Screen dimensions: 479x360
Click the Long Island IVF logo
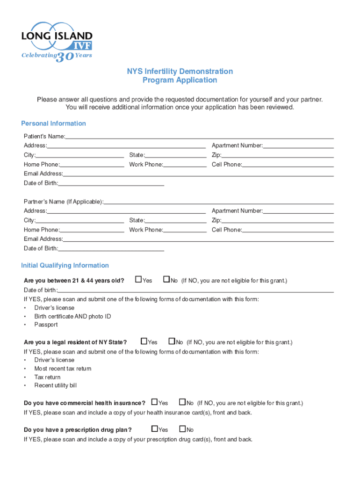coord(57,40)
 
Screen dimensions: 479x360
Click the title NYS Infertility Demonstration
coord(180,71)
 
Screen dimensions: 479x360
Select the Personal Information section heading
coord(53,123)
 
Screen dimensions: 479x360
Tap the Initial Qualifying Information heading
coord(65,265)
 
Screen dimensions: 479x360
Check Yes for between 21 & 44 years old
coord(138,280)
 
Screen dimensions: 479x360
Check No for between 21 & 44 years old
coord(166,280)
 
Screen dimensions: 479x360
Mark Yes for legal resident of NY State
coord(144,341)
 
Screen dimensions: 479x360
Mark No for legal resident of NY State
coord(172,341)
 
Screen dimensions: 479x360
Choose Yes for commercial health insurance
coord(155,402)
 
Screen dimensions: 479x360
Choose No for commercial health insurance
coord(182,402)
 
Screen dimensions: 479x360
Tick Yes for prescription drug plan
coord(155,429)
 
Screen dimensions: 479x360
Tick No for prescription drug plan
coord(182,429)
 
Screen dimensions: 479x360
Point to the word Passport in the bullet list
coord(46,325)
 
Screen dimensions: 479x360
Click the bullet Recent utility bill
coord(55,385)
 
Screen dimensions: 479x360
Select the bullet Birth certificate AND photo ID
coord(72,316)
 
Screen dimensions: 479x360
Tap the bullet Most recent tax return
coord(63,369)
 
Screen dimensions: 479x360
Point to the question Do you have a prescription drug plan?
coord(78,429)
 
